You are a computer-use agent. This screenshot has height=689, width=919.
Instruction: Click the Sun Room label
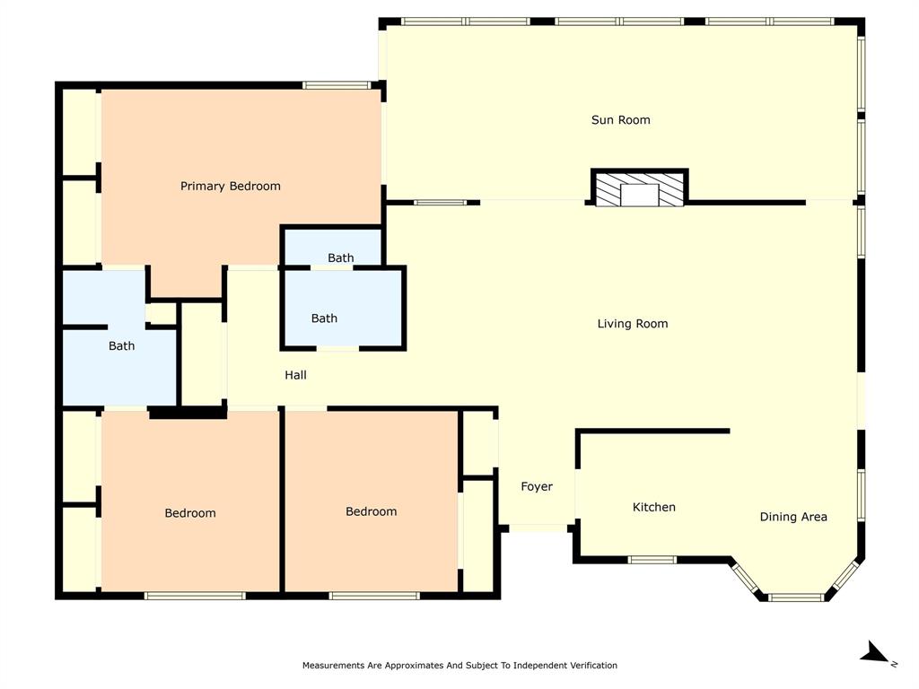tap(620, 120)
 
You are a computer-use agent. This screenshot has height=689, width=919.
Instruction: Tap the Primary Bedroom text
tap(231, 187)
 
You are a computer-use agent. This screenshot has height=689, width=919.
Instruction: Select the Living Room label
tap(633, 324)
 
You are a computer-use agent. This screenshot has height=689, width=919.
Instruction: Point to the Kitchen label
tap(654, 508)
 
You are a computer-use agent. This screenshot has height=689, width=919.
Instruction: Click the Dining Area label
tap(793, 517)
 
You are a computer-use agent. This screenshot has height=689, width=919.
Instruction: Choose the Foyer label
tap(537, 487)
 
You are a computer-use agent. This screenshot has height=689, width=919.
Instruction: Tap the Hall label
tap(295, 375)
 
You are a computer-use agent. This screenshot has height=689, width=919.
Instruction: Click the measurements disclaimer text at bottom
tap(459, 666)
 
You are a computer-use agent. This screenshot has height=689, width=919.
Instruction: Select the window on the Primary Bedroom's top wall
tap(337, 85)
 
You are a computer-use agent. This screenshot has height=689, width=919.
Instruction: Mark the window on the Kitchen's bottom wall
tap(652, 560)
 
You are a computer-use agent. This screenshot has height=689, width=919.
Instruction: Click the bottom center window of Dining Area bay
tap(796, 597)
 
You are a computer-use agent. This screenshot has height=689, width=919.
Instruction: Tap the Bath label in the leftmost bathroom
tap(121, 346)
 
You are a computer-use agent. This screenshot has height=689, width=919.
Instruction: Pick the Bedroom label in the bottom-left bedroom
tap(190, 513)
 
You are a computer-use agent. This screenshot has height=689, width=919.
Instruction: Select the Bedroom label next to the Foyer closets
tap(371, 511)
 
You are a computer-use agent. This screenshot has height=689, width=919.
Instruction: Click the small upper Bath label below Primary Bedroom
tap(340, 258)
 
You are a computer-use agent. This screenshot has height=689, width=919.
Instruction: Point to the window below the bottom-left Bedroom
tap(195, 595)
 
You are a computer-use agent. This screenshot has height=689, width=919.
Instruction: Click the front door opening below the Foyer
tap(538, 528)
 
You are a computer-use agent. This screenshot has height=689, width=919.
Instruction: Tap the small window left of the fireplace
tap(440, 202)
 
